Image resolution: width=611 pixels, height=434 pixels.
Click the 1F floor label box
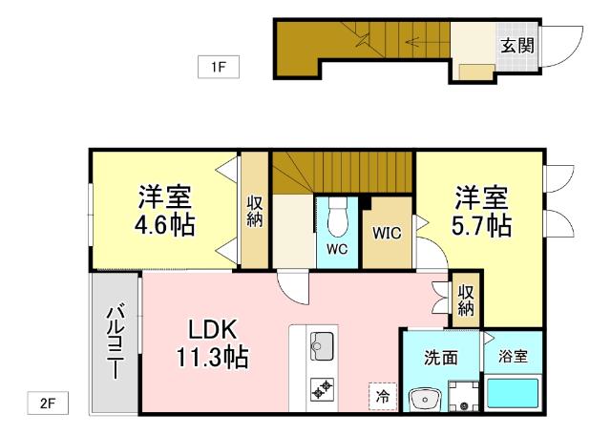(x=218, y=67)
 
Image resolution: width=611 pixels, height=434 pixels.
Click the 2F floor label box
(x=48, y=403)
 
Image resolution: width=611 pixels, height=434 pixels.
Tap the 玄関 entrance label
(x=516, y=46)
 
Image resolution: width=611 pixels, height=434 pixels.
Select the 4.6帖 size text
(x=164, y=225)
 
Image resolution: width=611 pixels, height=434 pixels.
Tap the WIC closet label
(x=386, y=233)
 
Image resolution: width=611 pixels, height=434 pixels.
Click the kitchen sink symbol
(x=321, y=344)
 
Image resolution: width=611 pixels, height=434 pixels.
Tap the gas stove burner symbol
(x=320, y=387)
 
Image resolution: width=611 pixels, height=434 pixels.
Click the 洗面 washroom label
(x=441, y=358)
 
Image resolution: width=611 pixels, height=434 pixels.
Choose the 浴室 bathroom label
(x=513, y=357)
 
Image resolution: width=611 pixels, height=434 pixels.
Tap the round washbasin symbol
(x=421, y=398)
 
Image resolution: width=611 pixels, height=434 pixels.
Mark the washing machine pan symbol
(x=463, y=395)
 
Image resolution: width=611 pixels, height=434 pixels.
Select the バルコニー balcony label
(x=115, y=341)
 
